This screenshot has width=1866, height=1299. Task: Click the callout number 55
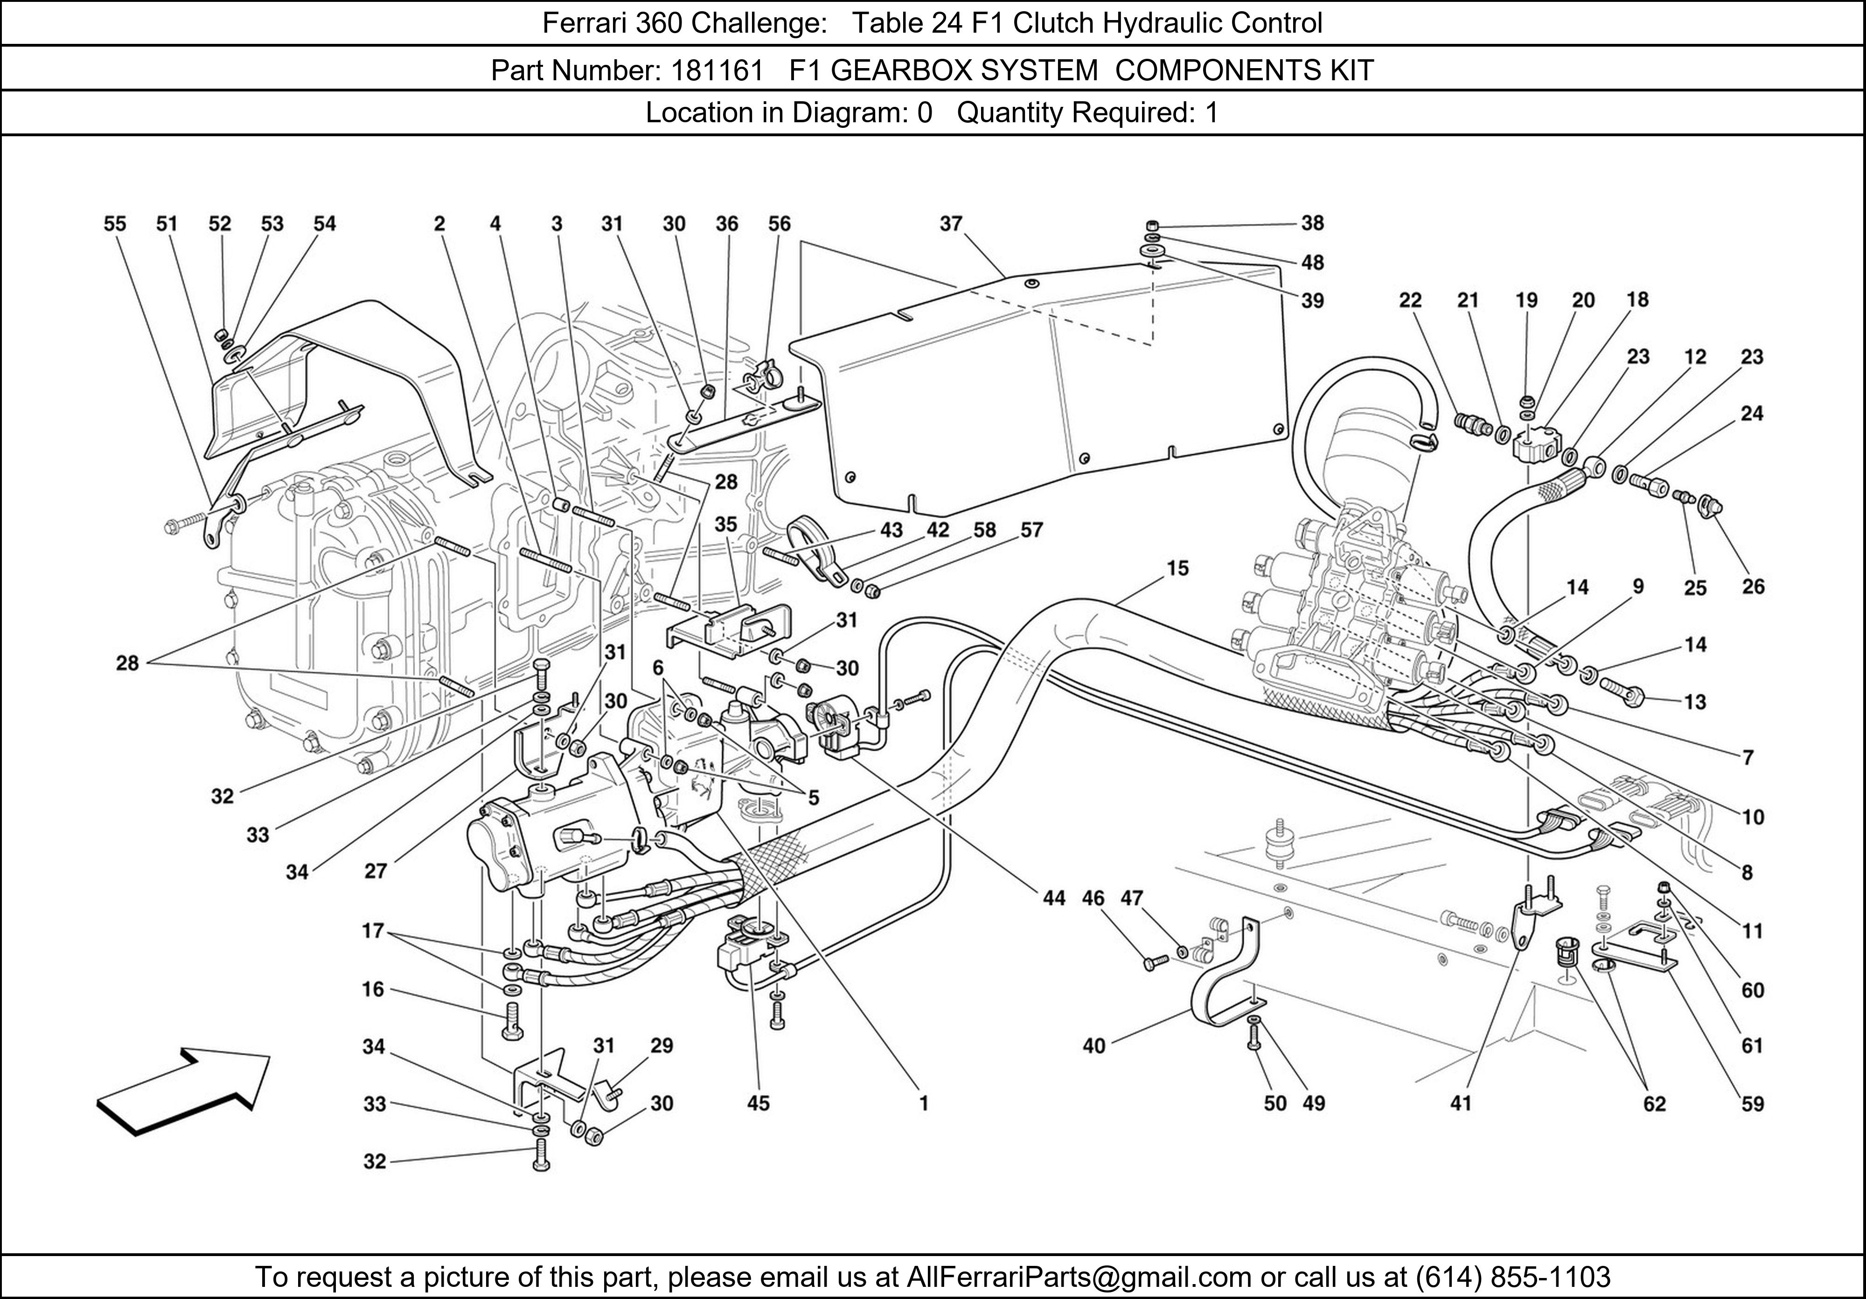click(x=115, y=223)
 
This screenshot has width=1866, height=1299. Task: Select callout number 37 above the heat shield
click(x=951, y=223)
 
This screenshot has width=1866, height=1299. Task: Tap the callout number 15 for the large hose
click(x=1177, y=568)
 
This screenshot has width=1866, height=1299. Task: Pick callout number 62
click(x=1654, y=1104)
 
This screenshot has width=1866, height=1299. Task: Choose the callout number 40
click(x=1094, y=1045)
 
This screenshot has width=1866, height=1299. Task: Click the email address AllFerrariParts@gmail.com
click(x=1079, y=1277)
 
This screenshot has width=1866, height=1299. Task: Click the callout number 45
click(x=758, y=1103)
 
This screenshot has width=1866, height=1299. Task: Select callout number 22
click(x=1410, y=300)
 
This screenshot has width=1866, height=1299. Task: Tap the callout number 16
click(x=373, y=989)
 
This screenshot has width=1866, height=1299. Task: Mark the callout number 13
click(x=1694, y=701)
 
